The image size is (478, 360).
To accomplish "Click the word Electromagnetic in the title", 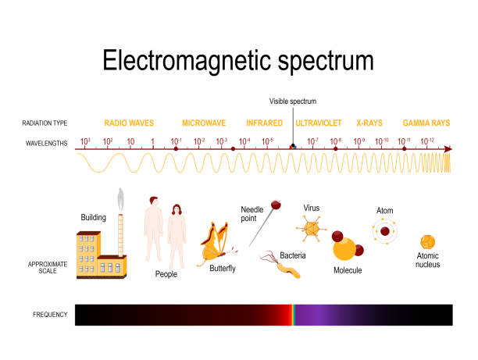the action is [187, 61].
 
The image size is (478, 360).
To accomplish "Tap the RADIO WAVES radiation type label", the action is [129, 123].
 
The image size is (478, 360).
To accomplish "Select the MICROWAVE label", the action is [204, 123].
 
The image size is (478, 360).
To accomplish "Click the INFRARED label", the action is [264, 123].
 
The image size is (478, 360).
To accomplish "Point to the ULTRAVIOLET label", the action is [318, 123].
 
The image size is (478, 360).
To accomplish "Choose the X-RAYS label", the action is [369, 123].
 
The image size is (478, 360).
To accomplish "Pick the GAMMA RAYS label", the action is [426, 123].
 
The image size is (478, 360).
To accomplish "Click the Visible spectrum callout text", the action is [293, 102].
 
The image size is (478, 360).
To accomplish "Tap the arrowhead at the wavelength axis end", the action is [448, 149].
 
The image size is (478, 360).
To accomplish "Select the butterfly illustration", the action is [216, 244].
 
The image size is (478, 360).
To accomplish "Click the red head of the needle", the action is [276, 205].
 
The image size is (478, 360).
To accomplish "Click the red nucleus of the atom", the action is [385, 231].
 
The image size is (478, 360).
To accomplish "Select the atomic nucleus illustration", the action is [427, 242].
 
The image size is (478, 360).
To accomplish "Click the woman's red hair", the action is [177, 209].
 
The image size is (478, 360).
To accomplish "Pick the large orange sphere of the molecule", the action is [344, 249].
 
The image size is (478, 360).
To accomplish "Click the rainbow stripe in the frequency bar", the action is [293, 315].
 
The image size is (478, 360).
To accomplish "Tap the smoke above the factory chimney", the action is [121, 200].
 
